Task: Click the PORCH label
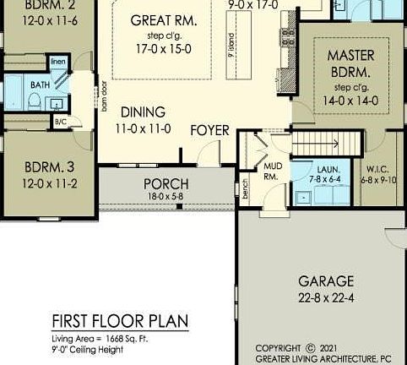pyautogui.click(x=166, y=183)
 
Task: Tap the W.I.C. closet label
pyautogui.click(x=377, y=169)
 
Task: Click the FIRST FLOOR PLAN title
pyautogui.click(x=120, y=322)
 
